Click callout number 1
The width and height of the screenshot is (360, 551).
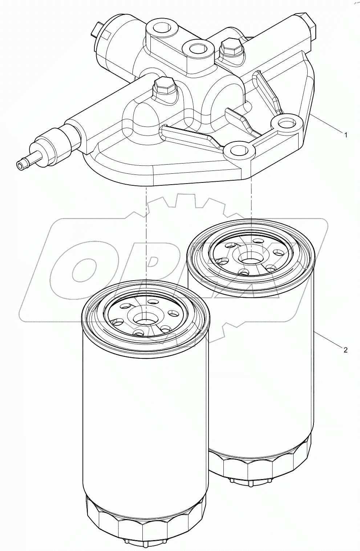click(x=345, y=135)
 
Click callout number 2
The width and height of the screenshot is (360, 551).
click(x=345, y=350)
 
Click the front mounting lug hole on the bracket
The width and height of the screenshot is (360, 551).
click(x=238, y=149)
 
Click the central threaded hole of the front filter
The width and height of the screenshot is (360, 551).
click(x=145, y=319)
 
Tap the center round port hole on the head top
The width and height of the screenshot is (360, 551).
click(x=197, y=48)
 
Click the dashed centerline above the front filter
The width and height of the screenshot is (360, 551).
click(x=147, y=236)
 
